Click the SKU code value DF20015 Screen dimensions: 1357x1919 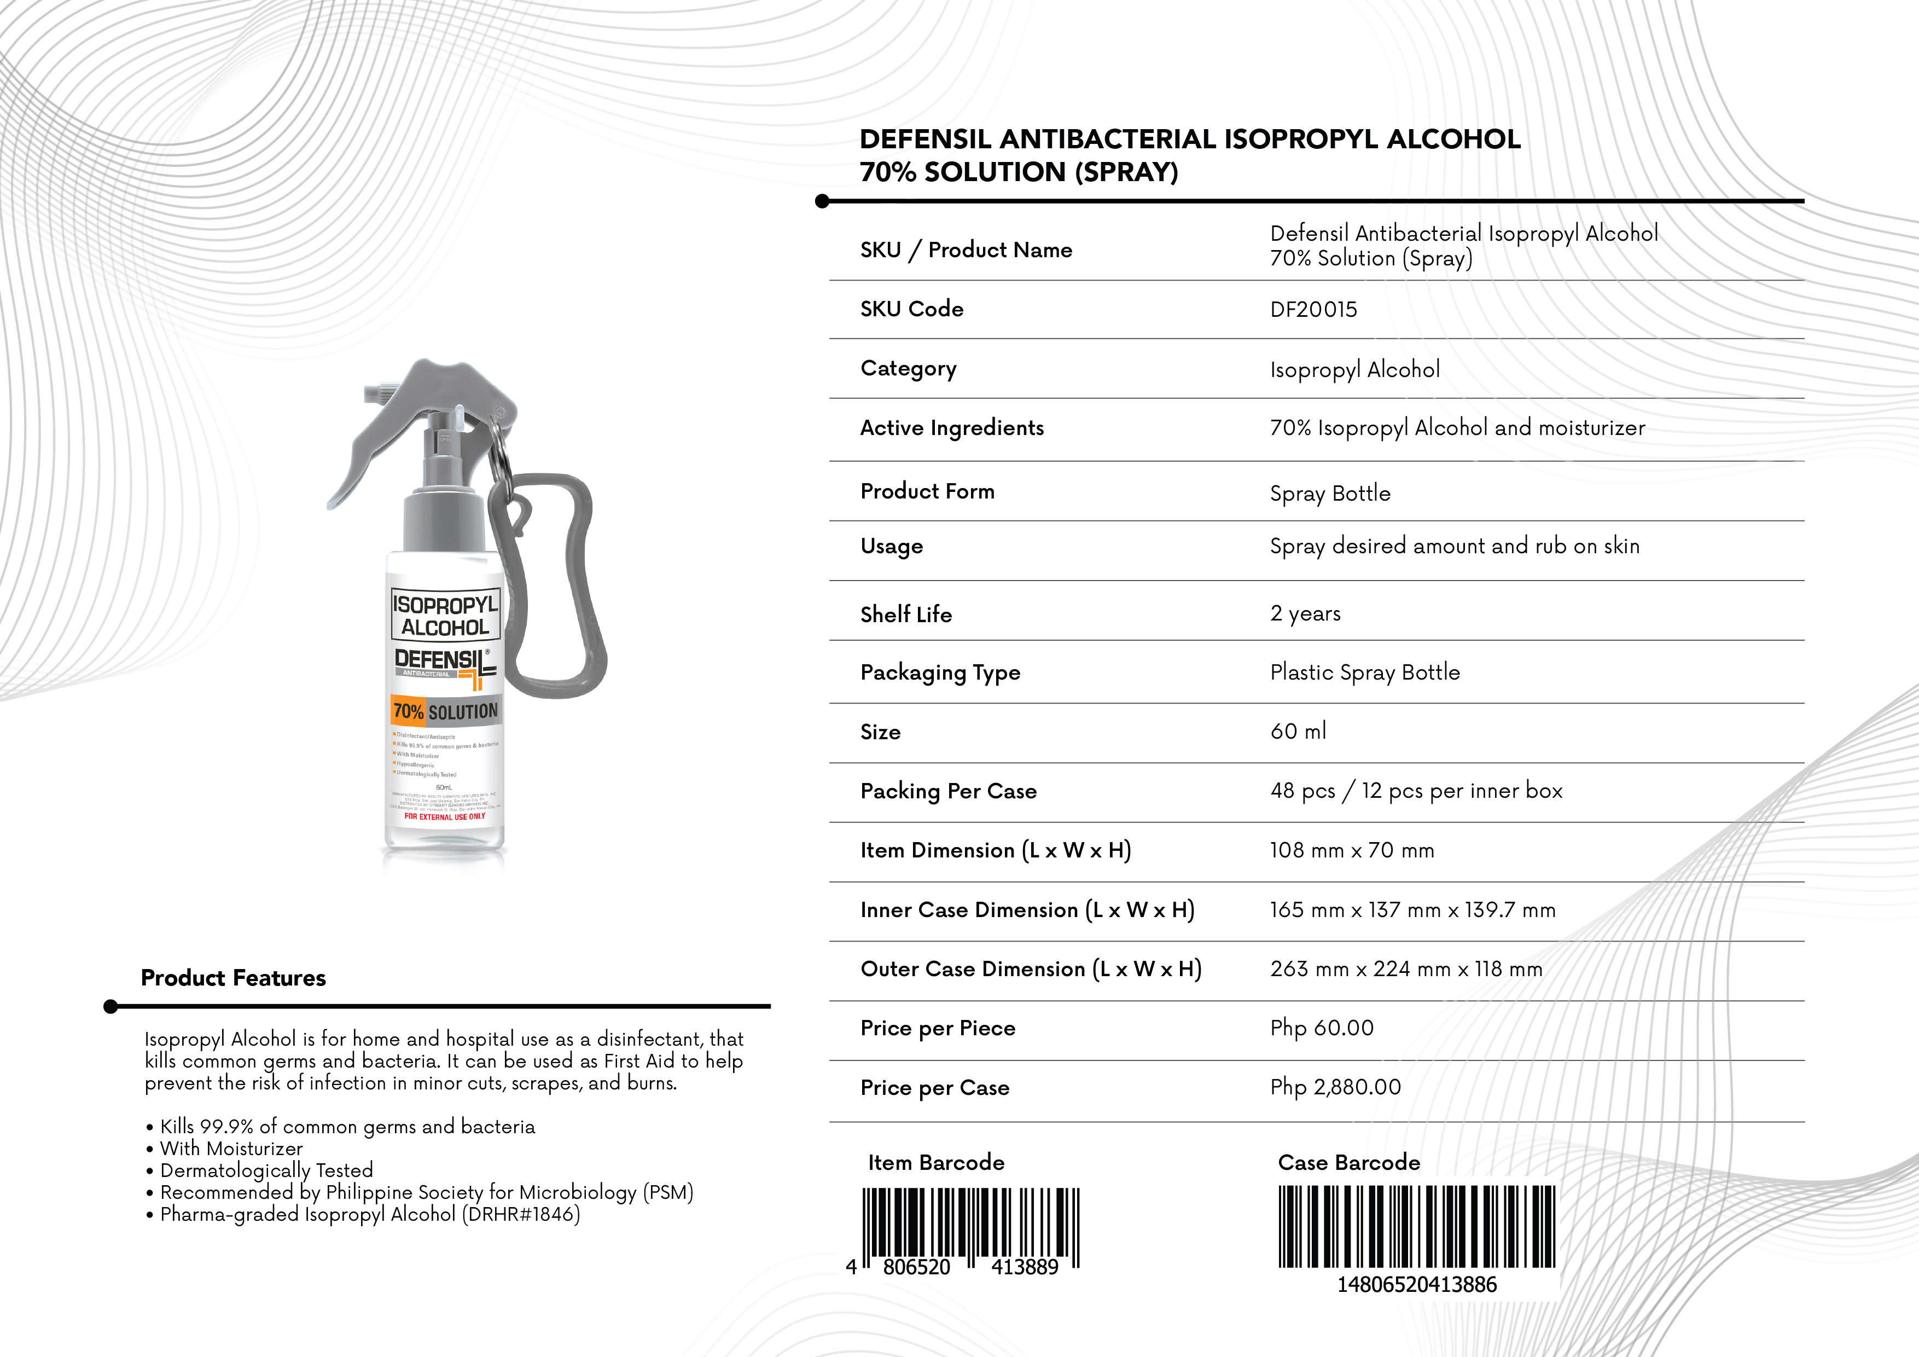point(1313,309)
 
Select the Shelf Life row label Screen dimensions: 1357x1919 point(906,614)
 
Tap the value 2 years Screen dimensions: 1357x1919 point(1305,614)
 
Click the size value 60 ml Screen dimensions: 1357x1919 point(1298,732)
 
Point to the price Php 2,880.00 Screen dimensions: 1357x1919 point(1335,1087)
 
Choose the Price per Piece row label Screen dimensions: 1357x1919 point(938,1028)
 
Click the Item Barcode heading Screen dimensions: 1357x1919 point(936,1162)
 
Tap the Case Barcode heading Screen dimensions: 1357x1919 point(1348,1162)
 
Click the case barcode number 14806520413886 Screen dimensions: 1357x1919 point(1417,1284)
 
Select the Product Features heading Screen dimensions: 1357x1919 point(233,978)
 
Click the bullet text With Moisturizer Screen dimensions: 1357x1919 point(231,1149)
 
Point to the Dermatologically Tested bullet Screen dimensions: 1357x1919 point(266,1170)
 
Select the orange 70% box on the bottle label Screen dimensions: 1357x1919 point(408,711)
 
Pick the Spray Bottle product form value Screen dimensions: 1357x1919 point(1330,494)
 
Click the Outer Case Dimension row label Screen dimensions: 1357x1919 point(1031,969)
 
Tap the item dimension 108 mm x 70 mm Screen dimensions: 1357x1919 point(1352,850)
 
